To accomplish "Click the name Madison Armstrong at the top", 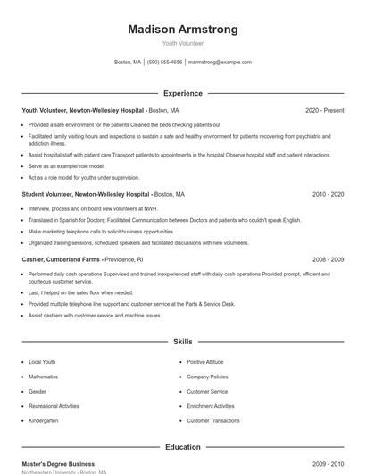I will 183,30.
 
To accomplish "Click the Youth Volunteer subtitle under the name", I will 183,43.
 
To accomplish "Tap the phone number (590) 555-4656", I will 164,63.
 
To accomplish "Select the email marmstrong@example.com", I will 220,63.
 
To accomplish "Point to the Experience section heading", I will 183,93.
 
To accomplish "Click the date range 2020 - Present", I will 324,111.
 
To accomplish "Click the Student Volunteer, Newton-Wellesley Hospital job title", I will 85,194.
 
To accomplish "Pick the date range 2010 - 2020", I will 328,194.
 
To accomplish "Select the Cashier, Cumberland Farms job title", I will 60,259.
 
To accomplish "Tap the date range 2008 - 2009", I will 328,259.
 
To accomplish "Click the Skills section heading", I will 183,342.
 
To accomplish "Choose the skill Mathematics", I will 43,377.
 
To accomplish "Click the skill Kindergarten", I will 43,420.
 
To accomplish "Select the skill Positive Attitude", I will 204,362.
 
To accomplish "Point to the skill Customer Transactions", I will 212,420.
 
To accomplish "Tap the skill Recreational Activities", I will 54,406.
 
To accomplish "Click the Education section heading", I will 183,447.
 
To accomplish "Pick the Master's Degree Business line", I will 58,464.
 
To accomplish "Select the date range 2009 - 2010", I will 328,464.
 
